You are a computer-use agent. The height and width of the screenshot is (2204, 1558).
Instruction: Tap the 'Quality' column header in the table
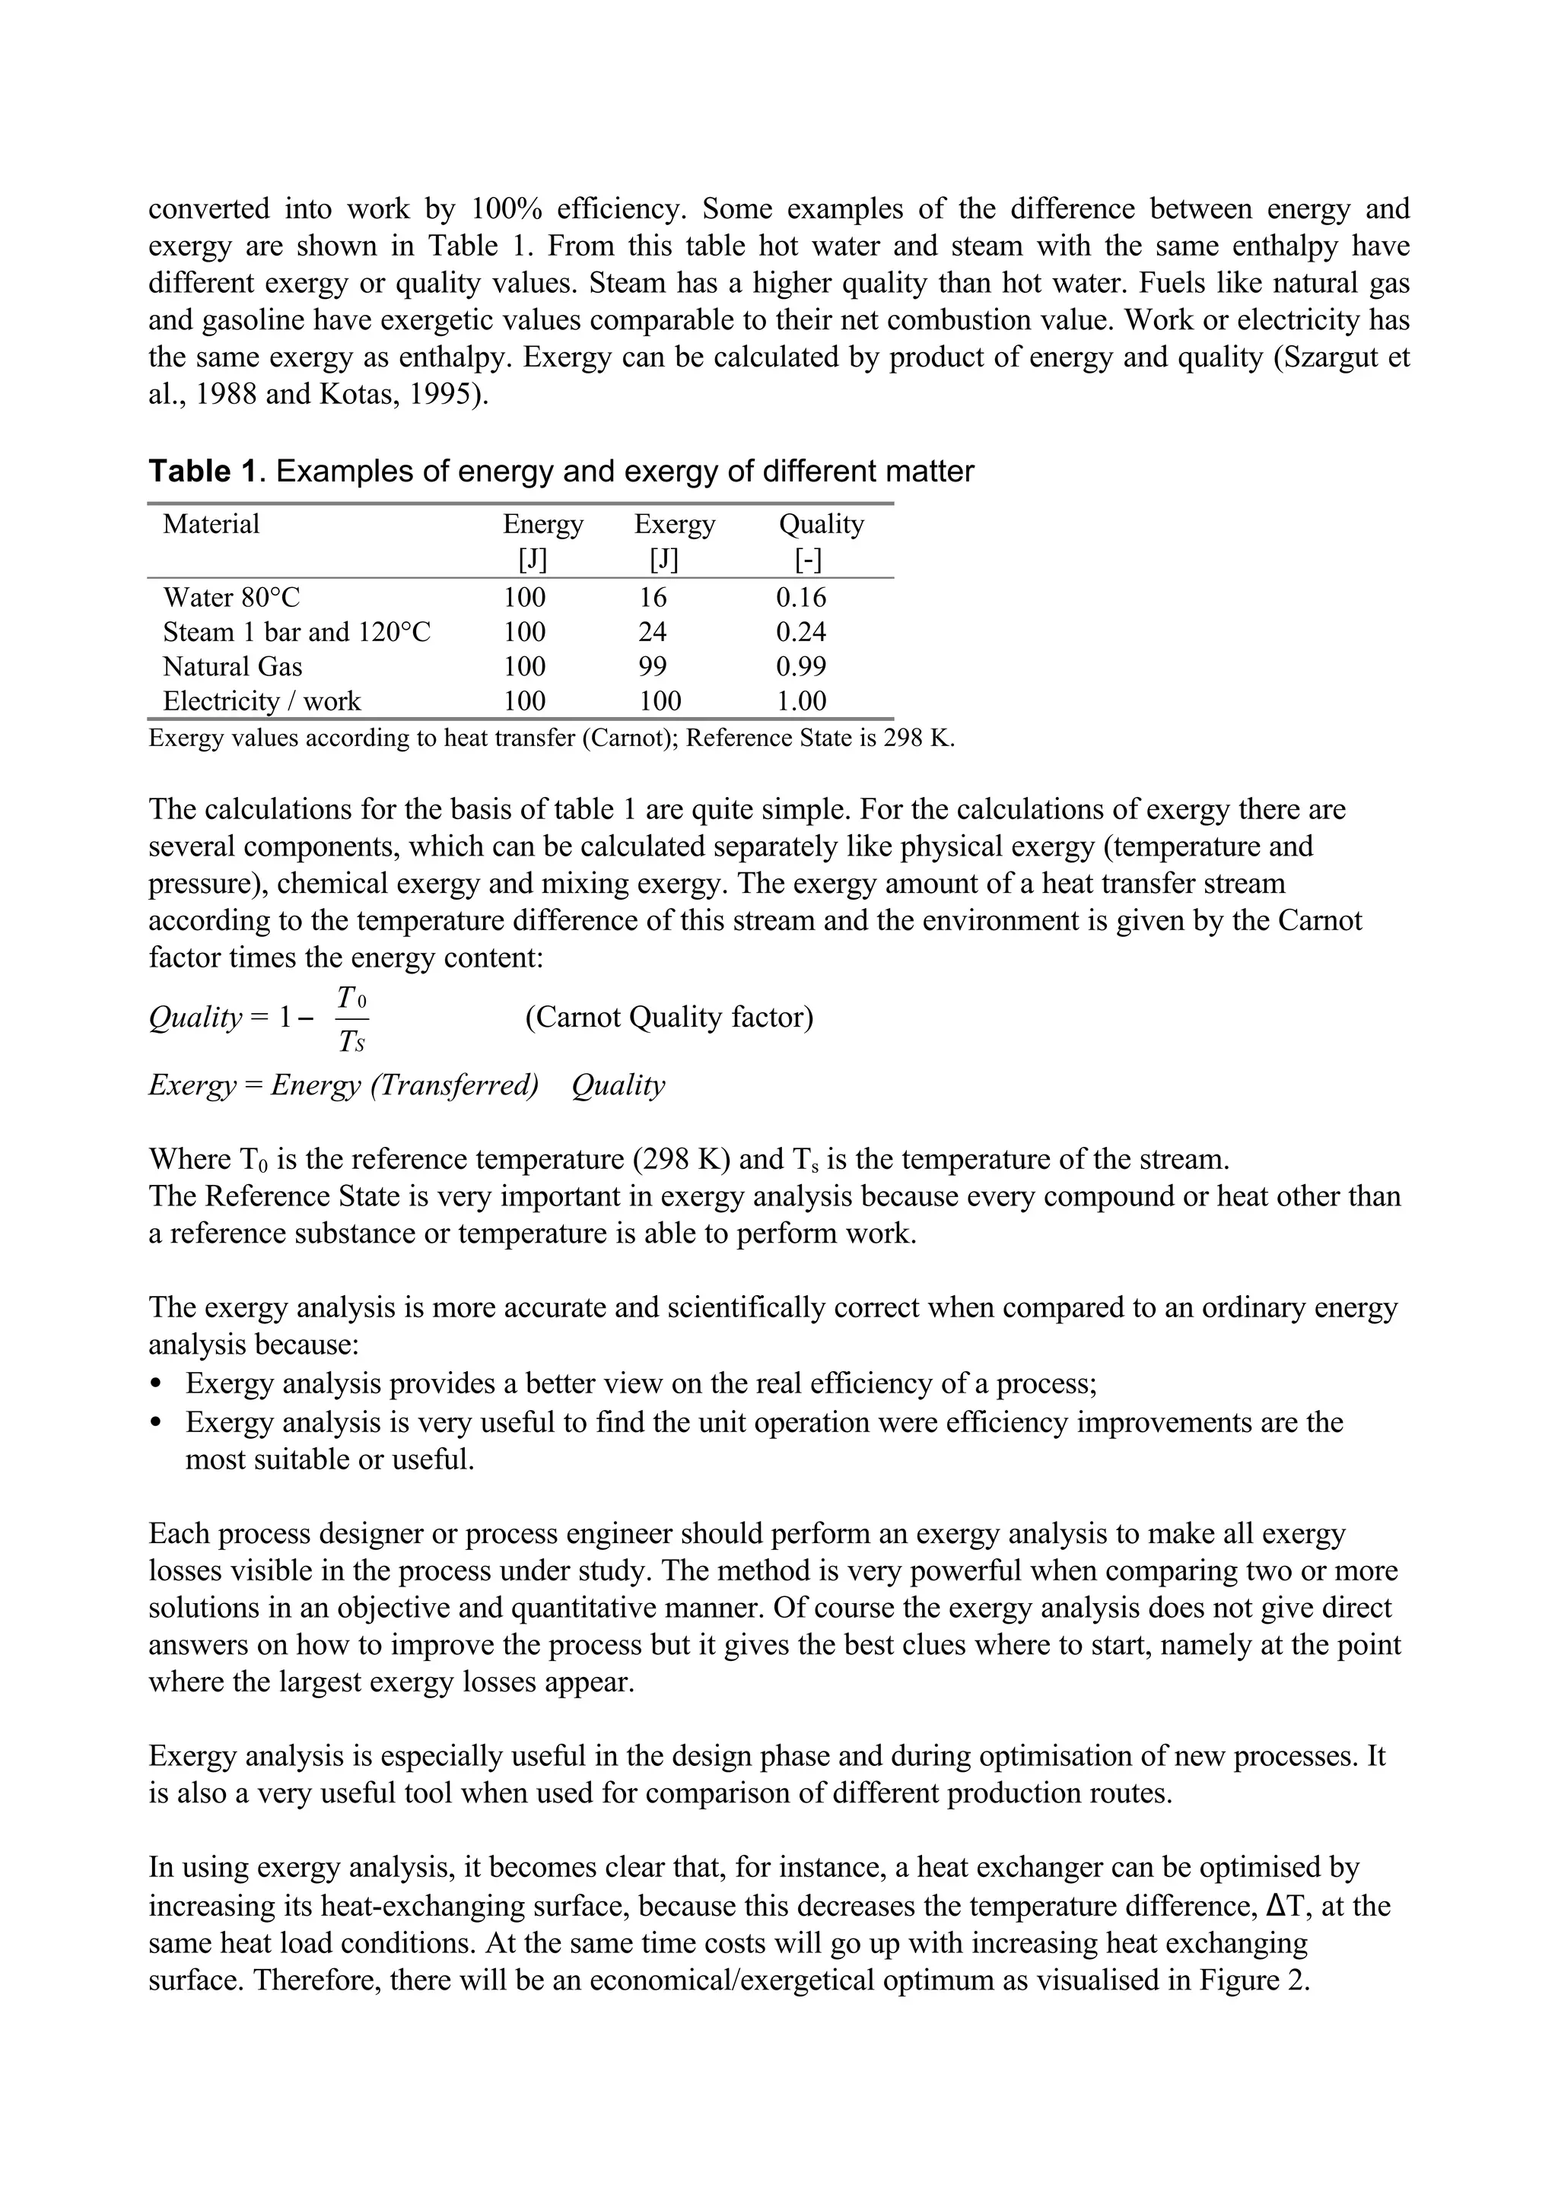(821, 524)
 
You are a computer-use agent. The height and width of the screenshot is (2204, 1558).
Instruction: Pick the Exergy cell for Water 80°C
(653, 598)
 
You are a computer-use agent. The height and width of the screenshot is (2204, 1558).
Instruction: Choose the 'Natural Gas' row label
(232, 667)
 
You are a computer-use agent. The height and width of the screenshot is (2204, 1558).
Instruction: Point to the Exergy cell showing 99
(653, 667)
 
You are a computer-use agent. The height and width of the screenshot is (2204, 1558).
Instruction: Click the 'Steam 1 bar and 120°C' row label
(297, 633)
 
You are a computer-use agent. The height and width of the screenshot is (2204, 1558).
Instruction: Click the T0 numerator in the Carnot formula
(352, 999)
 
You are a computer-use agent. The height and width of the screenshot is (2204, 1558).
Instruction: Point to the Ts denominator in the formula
(352, 1041)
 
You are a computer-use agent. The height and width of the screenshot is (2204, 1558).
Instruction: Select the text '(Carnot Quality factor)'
(669, 1018)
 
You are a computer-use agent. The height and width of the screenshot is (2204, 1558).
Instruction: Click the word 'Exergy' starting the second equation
(191, 1086)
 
